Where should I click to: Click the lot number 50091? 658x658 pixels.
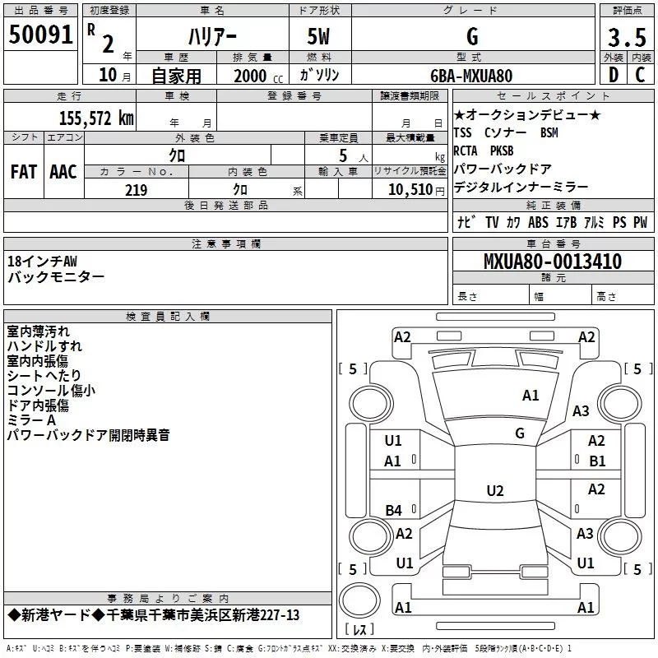[x=41, y=35]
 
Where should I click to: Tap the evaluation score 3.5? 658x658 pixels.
[x=627, y=38]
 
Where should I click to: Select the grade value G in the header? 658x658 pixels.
[x=471, y=36]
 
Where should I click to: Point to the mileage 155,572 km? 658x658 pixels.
[x=96, y=118]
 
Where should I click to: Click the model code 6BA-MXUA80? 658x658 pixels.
[x=471, y=76]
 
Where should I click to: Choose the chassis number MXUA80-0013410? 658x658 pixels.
[x=552, y=262]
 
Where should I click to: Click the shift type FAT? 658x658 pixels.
[x=24, y=172]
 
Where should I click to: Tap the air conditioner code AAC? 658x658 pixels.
[x=63, y=172]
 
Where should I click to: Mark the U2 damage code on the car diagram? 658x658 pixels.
[x=494, y=491]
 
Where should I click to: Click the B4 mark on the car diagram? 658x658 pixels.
[x=394, y=511]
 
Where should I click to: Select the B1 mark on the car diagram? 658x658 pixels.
[x=597, y=461]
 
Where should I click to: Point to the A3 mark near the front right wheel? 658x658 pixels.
[x=582, y=411]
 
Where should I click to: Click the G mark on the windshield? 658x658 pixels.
[x=520, y=433]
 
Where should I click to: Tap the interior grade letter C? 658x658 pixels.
[x=640, y=76]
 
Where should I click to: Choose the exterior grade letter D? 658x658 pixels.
[x=613, y=76]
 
